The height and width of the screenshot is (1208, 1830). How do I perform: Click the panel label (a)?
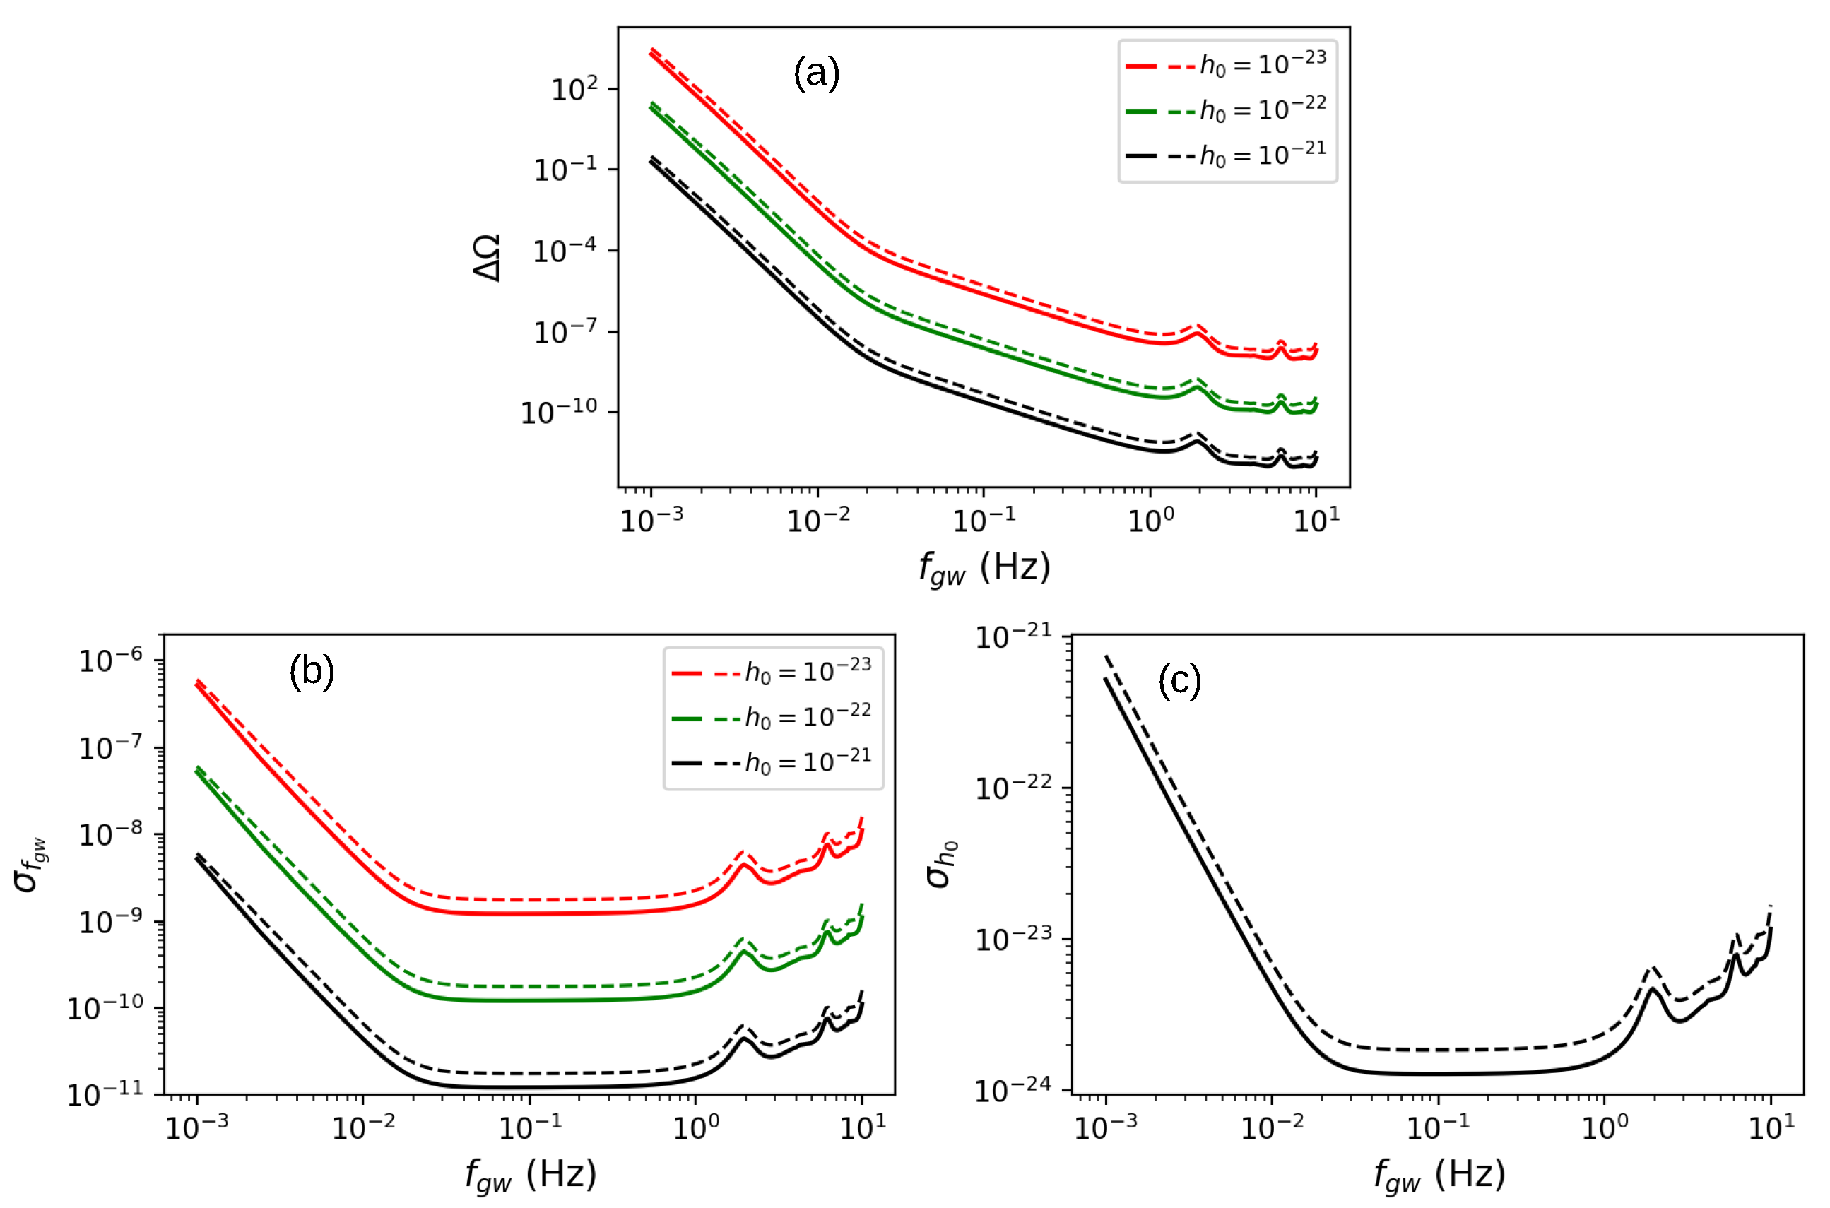click(x=816, y=74)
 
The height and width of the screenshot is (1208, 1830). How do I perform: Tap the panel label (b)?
click(x=312, y=671)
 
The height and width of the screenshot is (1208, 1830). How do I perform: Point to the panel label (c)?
click(x=1180, y=681)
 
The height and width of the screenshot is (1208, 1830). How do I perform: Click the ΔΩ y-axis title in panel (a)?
click(x=488, y=258)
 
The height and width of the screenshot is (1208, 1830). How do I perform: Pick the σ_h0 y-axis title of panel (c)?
click(x=942, y=864)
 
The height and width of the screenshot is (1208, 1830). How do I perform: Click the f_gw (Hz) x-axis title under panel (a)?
click(x=984, y=568)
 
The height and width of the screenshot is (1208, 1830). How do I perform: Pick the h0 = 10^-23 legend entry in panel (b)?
click(x=808, y=673)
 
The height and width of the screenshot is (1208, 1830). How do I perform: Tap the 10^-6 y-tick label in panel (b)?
click(x=111, y=661)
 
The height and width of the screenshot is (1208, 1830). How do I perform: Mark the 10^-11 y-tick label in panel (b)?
click(x=105, y=1094)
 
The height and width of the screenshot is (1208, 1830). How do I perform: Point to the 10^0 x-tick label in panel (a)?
click(x=1150, y=521)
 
